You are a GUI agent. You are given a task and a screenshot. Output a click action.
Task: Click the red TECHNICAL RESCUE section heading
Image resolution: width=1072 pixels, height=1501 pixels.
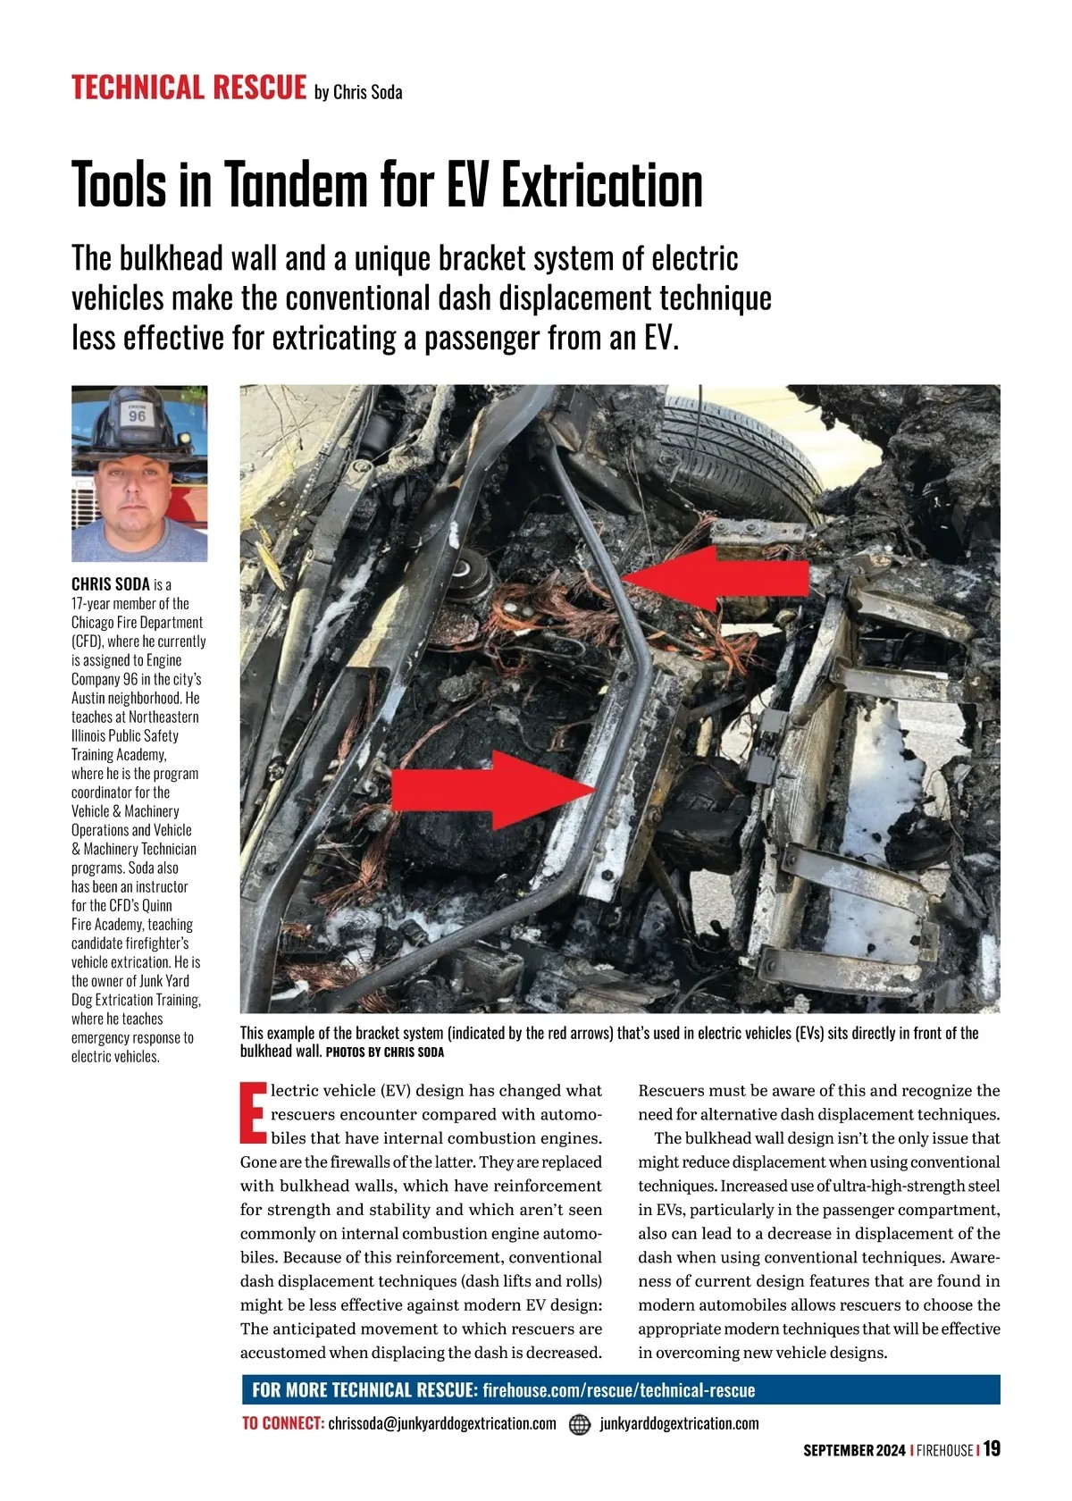point(188,88)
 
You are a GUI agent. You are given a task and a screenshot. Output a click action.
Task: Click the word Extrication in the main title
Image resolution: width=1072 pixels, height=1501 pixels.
point(600,185)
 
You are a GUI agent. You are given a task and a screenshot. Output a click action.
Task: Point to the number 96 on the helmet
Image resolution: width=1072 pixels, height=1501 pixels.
point(137,416)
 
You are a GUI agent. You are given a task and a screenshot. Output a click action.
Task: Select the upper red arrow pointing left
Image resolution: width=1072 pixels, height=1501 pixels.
point(715,577)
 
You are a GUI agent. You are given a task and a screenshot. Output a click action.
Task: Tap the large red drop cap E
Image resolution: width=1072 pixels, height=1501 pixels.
point(253,1113)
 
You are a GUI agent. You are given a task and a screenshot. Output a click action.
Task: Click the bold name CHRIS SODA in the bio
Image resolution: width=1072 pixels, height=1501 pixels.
point(111,584)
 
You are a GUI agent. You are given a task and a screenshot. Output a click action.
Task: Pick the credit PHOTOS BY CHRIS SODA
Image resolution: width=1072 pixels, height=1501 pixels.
point(385,1052)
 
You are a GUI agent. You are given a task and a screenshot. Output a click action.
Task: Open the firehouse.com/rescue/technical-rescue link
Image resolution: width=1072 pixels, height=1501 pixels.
point(618,1390)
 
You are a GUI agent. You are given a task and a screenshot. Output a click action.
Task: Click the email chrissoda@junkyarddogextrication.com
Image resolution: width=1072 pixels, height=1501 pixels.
point(441,1423)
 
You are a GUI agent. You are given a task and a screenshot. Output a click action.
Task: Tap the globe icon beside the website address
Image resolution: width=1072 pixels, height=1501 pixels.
point(580,1423)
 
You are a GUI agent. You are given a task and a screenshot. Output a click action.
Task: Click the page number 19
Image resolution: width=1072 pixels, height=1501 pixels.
point(992,1449)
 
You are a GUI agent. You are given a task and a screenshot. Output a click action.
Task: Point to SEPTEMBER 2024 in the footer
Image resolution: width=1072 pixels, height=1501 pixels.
point(854,1450)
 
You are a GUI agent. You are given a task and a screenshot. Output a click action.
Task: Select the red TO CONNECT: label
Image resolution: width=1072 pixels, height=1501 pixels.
point(282,1423)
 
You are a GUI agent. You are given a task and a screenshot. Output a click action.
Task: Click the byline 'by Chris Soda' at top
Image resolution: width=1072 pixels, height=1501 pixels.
point(358,92)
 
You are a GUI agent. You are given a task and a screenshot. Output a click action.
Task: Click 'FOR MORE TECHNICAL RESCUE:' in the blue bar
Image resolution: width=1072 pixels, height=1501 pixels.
point(364,1390)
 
